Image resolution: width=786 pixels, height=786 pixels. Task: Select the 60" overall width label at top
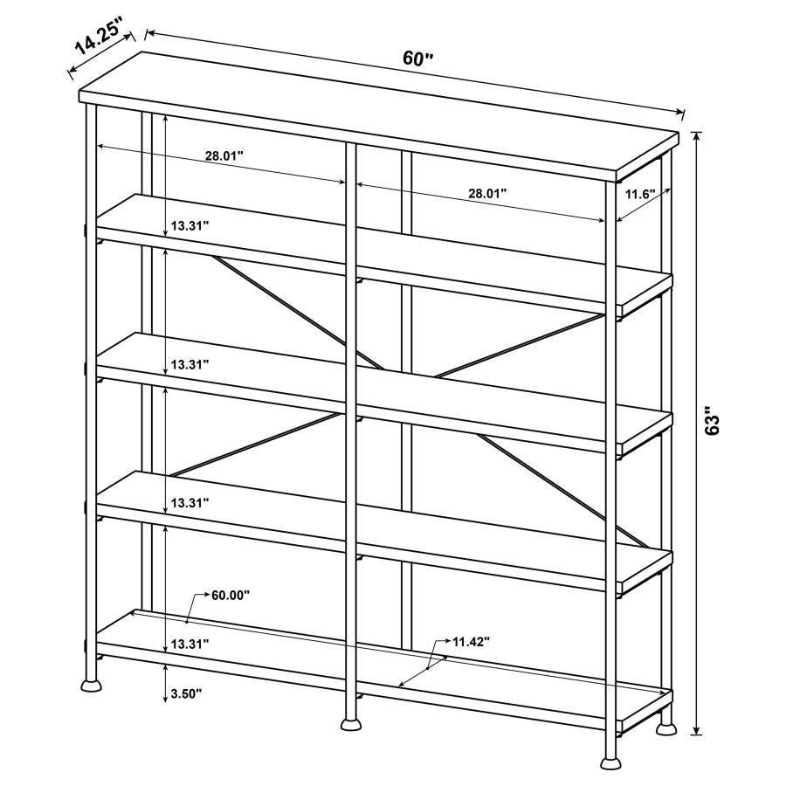click(x=418, y=59)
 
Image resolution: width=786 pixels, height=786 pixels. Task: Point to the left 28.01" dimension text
click(x=224, y=155)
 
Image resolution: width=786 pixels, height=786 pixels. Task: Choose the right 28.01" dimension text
click(x=487, y=194)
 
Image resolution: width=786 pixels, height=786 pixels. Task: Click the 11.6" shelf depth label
click(x=639, y=194)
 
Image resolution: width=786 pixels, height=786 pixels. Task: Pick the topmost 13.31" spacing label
click(x=190, y=225)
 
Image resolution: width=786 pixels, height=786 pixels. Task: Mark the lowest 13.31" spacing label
click(x=190, y=643)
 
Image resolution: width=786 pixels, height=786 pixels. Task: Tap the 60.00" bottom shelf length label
click(x=231, y=595)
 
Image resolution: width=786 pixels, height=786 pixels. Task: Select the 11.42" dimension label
click(x=471, y=641)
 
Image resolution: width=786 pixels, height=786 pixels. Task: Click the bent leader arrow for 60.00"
click(x=194, y=603)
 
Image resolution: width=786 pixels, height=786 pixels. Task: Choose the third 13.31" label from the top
click(x=190, y=503)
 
